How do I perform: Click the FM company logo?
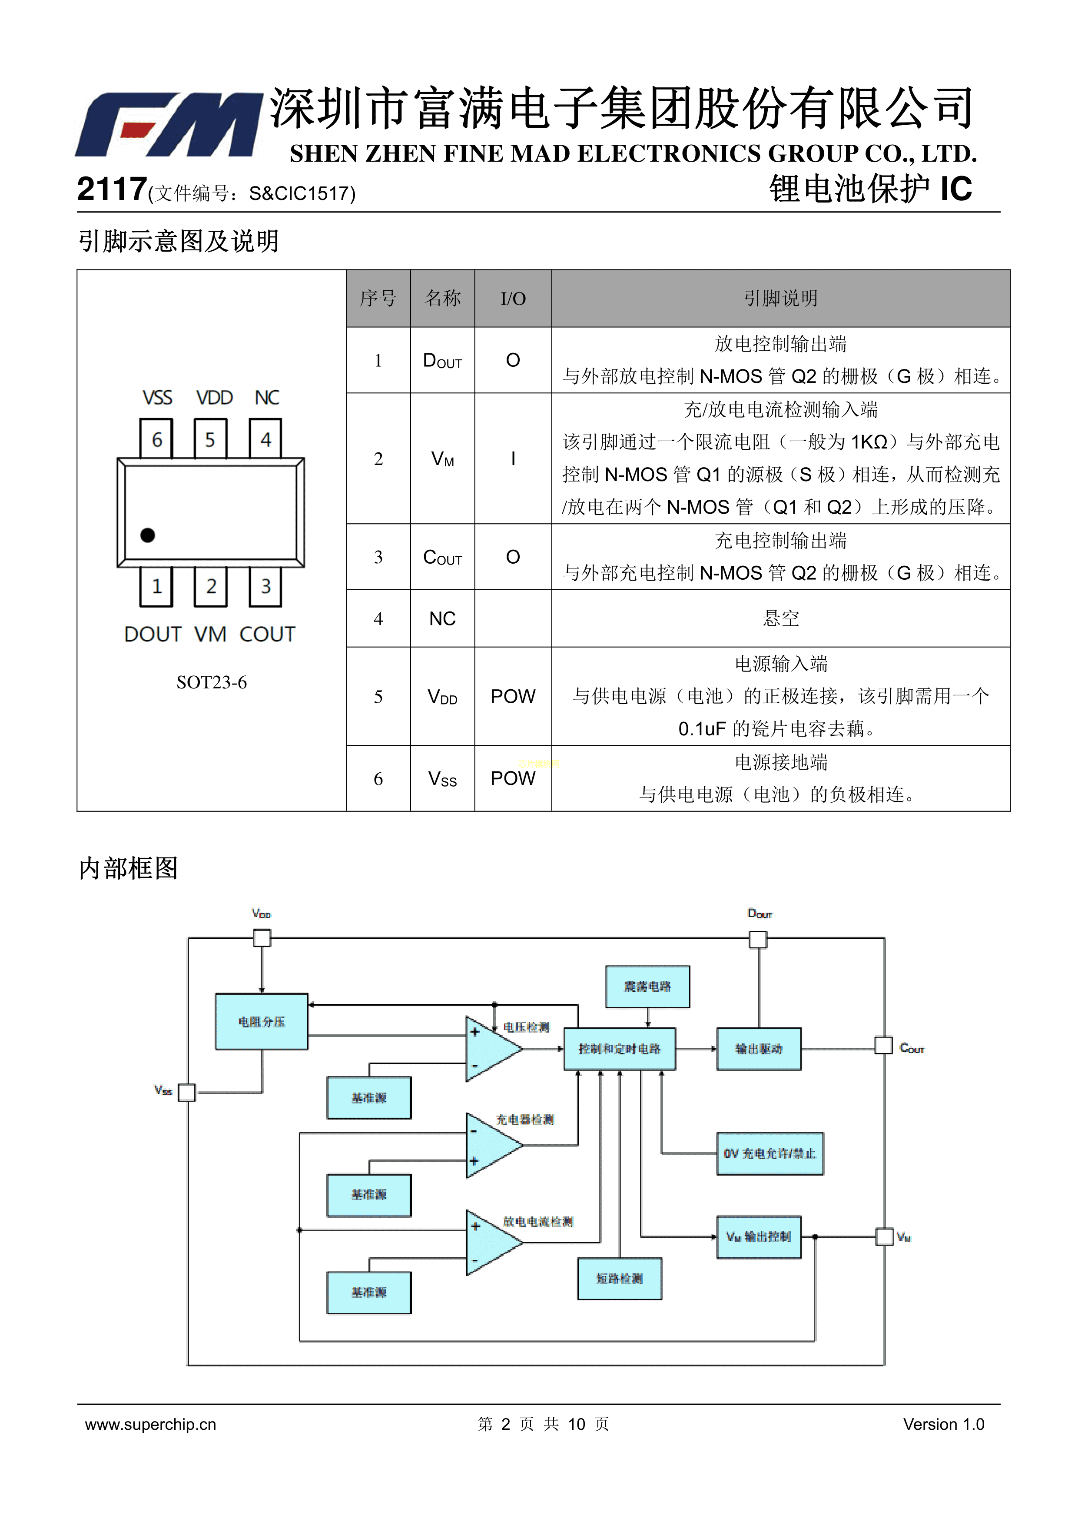pos(169,125)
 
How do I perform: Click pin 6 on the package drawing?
pos(157,439)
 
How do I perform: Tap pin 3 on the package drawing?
pos(265,586)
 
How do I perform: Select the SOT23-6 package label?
pos(211,683)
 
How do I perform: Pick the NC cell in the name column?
pos(442,619)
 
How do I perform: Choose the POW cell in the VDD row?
pos(513,697)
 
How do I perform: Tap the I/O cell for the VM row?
pos(513,459)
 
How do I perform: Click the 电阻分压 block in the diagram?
pos(262,1022)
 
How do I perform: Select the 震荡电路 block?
pos(647,987)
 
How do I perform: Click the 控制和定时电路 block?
pos(620,1049)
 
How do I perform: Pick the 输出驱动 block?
pos(759,1049)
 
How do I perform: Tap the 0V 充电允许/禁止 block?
pos(770,1154)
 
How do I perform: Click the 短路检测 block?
pos(620,1279)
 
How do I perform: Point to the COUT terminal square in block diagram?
pos(883,1046)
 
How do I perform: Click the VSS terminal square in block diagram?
pos(187,1093)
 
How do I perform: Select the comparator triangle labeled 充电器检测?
pos(491,1146)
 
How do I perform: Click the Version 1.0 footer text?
pos(943,1424)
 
